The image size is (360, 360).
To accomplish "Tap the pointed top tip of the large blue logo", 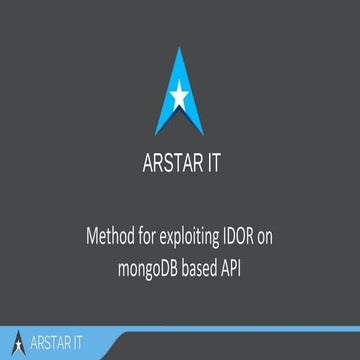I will pos(180,50).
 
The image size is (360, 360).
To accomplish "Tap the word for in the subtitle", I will pos(147,241).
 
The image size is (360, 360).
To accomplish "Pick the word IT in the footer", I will pos(88,343).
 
